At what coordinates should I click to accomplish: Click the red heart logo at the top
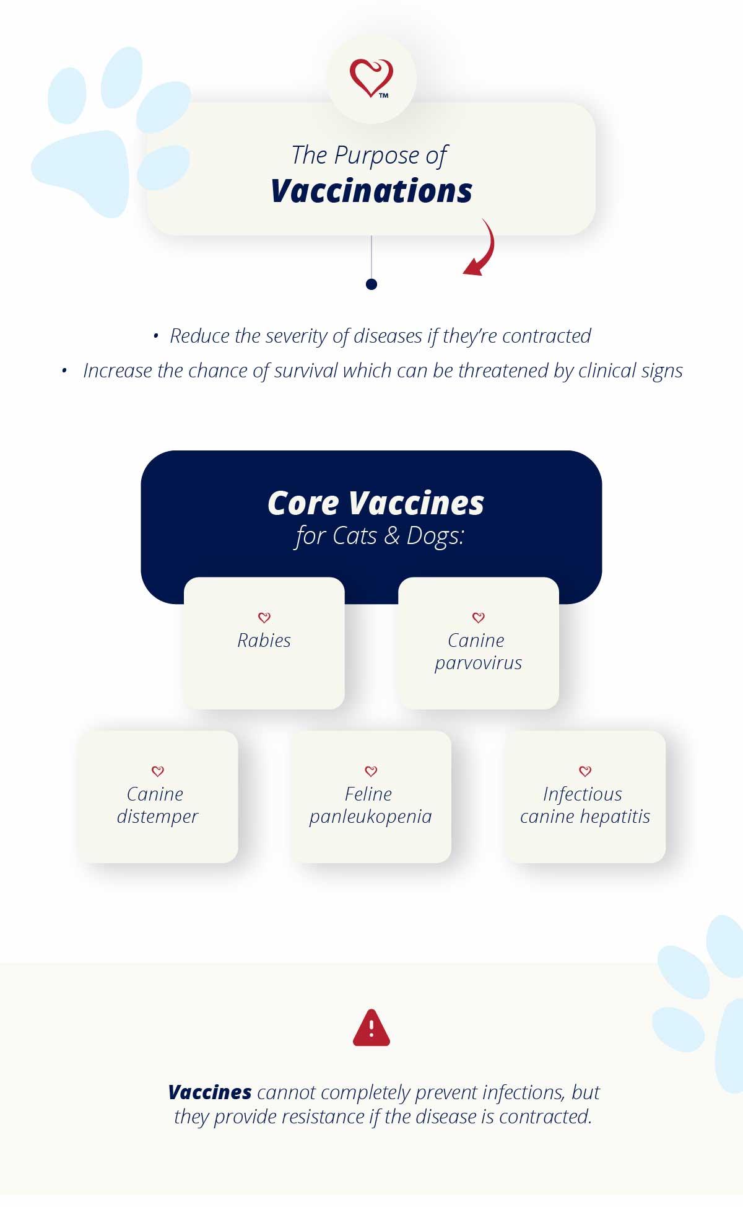[371, 78]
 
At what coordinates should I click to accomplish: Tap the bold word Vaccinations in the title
[371, 191]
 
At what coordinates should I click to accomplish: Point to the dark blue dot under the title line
[371, 284]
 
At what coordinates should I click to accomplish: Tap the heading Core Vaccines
[376, 503]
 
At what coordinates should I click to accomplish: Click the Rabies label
[264, 640]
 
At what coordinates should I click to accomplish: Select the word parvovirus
[478, 664]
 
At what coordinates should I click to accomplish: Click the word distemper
[157, 817]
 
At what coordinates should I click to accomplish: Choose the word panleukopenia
[370, 817]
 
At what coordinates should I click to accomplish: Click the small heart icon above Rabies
[264, 617]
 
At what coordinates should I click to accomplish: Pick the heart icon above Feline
[371, 771]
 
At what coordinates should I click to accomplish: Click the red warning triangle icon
[371, 1027]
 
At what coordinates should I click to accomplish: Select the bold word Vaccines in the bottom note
[210, 1092]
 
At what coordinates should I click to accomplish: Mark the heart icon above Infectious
[585, 771]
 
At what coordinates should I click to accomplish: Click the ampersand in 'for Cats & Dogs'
[392, 536]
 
